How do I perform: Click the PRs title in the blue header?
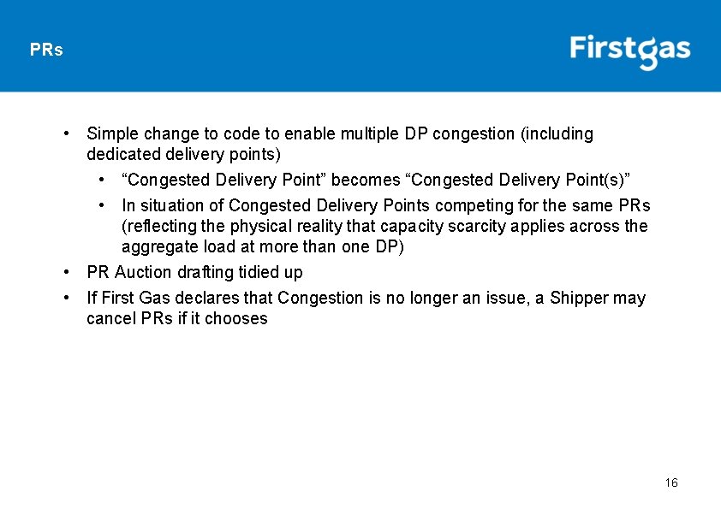pyautogui.click(x=46, y=50)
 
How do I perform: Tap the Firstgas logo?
pyautogui.click(x=630, y=50)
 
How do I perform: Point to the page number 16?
pyautogui.click(x=671, y=483)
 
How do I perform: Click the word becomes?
pyautogui.click(x=366, y=181)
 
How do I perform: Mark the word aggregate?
pyautogui.click(x=157, y=247)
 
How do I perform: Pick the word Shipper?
pyautogui.click(x=578, y=299)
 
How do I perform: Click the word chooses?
pyautogui.click(x=238, y=319)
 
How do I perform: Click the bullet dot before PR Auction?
pyautogui.click(x=66, y=273)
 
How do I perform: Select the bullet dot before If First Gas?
pyautogui.click(x=66, y=299)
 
